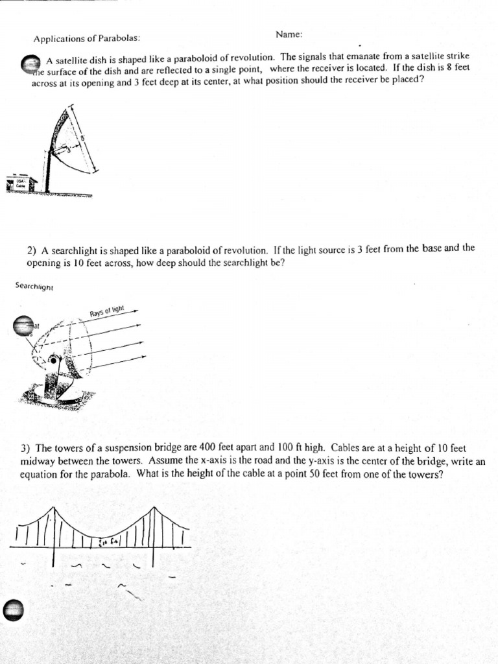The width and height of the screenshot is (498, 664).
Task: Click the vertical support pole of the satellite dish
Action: tap(47, 172)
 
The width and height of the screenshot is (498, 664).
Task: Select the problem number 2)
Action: tap(32, 250)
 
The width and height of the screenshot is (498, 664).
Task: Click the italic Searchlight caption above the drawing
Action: tap(34, 285)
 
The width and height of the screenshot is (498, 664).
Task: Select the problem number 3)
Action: tap(25, 449)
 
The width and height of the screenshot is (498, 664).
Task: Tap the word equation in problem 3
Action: tap(40, 474)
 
